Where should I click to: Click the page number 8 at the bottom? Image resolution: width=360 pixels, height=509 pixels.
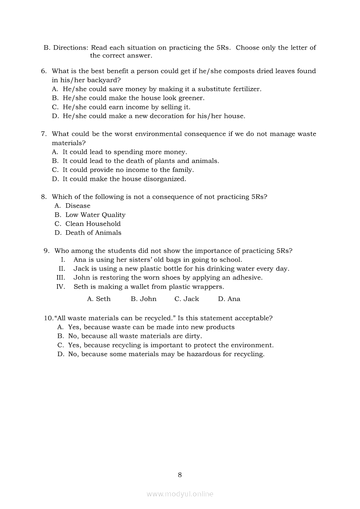(180, 475)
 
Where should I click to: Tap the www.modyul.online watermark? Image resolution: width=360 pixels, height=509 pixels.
(180, 494)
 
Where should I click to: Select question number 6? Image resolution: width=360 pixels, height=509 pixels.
(44, 71)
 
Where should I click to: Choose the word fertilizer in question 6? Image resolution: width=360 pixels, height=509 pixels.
(245, 89)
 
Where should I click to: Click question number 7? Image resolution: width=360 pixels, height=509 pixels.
(44, 134)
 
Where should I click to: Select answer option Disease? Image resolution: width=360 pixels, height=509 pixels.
(78, 206)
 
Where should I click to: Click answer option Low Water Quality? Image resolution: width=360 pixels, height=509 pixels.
(95, 215)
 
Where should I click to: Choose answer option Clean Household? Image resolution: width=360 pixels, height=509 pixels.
(93, 224)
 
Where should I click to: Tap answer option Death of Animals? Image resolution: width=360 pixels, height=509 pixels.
(93, 233)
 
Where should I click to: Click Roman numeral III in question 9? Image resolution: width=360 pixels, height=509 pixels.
(61, 278)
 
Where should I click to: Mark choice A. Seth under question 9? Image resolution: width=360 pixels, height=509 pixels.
(99, 299)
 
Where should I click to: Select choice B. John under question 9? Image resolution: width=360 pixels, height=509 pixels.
(143, 299)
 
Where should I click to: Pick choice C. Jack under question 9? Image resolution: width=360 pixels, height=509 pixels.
(187, 299)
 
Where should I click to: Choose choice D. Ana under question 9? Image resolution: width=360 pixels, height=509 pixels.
(229, 299)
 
